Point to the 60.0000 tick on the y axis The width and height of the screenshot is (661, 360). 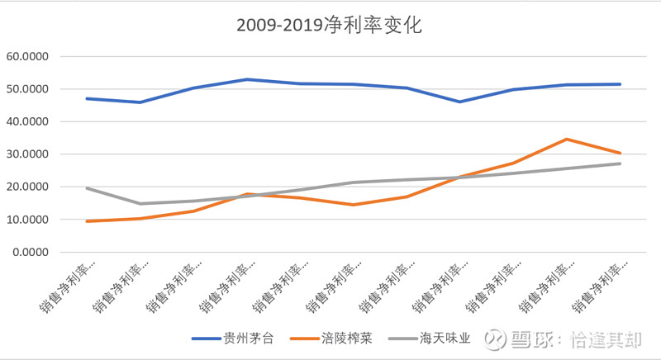pyautogui.click(x=27, y=57)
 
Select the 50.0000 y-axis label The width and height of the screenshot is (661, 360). pyautogui.click(x=27, y=89)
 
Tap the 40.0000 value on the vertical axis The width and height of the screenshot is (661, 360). pyautogui.click(x=27, y=122)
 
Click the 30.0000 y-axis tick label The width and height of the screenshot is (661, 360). pyautogui.click(x=27, y=154)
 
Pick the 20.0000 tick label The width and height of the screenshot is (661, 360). pyautogui.click(x=27, y=187)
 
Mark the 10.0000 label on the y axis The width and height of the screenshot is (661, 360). pyautogui.click(x=27, y=220)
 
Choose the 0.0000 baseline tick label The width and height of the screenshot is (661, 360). pyautogui.click(x=31, y=252)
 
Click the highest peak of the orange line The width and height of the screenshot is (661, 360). pyautogui.click(x=566, y=140)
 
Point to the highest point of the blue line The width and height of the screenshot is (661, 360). pyautogui.click(x=246, y=79)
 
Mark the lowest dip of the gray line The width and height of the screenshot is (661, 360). pyautogui.click(x=140, y=204)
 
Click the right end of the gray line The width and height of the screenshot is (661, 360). pyautogui.click(x=620, y=163)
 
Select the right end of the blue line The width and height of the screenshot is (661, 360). pyautogui.click(x=620, y=84)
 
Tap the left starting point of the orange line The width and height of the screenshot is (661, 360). pyautogui.click(x=87, y=221)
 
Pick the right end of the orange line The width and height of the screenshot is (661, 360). pyautogui.click(x=620, y=154)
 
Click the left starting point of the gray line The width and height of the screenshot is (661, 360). pyautogui.click(x=87, y=188)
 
